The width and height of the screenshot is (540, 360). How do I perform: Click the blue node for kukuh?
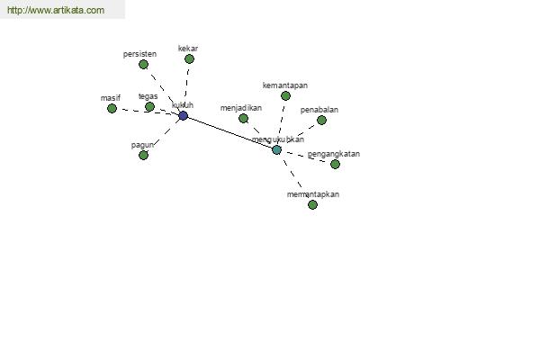[184, 115]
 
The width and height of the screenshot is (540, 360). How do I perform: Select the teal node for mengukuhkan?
[276, 150]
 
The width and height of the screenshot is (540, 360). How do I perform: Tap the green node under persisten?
[144, 65]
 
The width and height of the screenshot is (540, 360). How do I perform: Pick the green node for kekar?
[189, 58]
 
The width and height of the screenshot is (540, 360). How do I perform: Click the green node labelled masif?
[112, 109]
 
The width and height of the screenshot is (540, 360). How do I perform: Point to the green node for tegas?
[149, 107]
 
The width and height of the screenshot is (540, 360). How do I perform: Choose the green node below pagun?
[144, 156]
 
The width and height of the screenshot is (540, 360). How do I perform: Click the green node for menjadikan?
[243, 119]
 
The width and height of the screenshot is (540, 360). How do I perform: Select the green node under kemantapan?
[285, 95]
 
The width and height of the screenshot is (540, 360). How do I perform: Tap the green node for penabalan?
[321, 121]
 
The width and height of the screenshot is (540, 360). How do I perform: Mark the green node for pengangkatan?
[335, 165]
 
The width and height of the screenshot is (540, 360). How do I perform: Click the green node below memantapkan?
[312, 205]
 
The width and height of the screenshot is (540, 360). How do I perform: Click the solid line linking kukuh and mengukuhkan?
[230, 132]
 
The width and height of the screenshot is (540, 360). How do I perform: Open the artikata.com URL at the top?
[56, 10]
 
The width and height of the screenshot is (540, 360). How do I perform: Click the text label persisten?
[139, 54]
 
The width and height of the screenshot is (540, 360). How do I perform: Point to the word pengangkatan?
[334, 154]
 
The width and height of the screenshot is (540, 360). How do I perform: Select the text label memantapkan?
[313, 194]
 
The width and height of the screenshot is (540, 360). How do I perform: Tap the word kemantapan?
[285, 85]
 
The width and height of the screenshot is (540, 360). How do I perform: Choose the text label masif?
[111, 98]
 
